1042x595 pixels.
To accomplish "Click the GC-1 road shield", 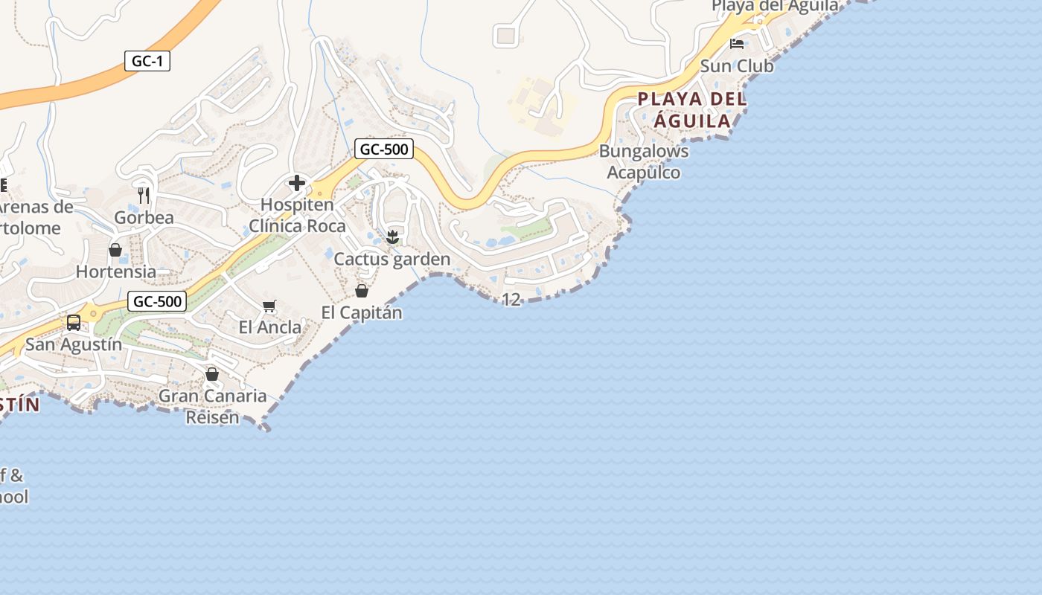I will (x=147, y=61).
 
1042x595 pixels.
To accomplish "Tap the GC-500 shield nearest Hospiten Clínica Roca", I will (x=383, y=149).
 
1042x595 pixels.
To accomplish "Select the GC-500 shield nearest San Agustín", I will (x=156, y=301).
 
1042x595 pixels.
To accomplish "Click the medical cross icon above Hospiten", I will (x=297, y=183).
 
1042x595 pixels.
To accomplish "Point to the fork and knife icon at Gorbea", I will (x=144, y=196).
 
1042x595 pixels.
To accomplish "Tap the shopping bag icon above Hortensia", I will (x=115, y=250).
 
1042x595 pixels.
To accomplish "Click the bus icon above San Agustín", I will (x=74, y=323).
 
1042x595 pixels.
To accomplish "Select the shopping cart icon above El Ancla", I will (x=269, y=306).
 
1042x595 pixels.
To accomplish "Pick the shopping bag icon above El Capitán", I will (x=362, y=291).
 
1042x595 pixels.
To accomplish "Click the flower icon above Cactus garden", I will (x=392, y=237).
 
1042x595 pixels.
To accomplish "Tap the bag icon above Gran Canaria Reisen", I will (x=212, y=374).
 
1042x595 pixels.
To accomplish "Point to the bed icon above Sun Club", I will (x=737, y=44).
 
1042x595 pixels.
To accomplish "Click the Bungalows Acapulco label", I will (x=644, y=161).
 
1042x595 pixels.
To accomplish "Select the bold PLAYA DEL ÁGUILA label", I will (x=692, y=109).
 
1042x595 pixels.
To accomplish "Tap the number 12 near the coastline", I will (x=511, y=300).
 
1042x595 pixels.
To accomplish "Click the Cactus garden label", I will (x=392, y=259).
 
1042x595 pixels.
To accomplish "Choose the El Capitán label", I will (x=362, y=312).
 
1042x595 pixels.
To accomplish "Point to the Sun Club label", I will (x=737, y=65).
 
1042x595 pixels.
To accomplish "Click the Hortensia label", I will (x=116, y=271).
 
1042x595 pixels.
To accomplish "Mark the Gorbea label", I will (x=144, y=217).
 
